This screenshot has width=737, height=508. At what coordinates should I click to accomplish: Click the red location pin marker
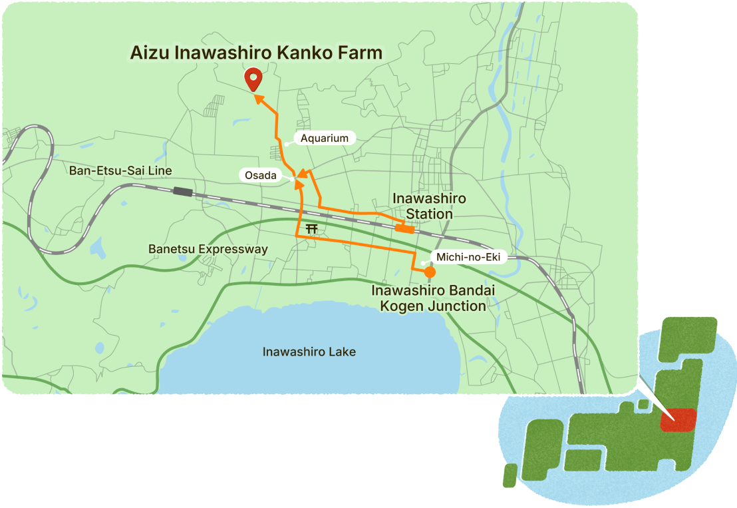pyautogui.click(x=253, y=79)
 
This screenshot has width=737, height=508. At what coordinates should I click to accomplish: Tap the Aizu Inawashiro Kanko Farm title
pyautogui.click(x=256, y=53)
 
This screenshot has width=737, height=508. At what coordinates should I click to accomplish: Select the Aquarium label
pyautogui.click(x=325, y=138)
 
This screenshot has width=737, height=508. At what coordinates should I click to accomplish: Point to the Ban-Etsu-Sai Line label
pyautogui.click(x=120, y=171)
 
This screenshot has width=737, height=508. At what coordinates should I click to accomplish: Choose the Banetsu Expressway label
pyautogui.click(x=208, y=249)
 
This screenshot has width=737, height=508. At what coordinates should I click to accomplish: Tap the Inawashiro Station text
pyautogui.click(x=429, y=206)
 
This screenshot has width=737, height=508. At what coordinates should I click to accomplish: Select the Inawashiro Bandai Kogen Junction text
pyautogui.click(x=429, y=299)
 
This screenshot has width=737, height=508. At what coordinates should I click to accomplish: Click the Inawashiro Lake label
pyautogui.click(x=309, y=352)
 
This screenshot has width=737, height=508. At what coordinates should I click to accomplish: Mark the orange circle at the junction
pyautogui.click(x=430, y=272)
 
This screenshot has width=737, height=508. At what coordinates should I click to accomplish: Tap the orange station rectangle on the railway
pyautogui.click(x=404, y=228)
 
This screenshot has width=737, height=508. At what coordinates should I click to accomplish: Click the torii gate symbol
pyautogui.click(x=311, y=229)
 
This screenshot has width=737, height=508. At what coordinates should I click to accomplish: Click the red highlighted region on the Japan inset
pyautogui.click(x=678, y=419)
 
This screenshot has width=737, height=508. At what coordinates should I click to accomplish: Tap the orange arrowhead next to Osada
pyautogui.click(x=301, y=175)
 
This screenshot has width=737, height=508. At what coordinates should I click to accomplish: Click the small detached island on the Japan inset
pyautogui.click(x=509, y=473)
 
